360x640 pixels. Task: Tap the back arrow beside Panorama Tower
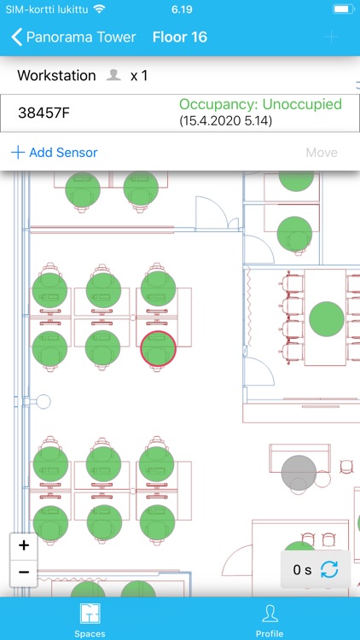pyautogui.click(x=16, y=38)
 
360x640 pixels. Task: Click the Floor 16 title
pyautogui.click(x=180, y=38)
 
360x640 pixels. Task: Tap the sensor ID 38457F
pyautogui.click(x=44, y=113)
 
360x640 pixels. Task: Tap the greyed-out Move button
pyautogui.click(x=322, y=153)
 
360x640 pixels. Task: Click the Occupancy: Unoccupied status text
pyautogui.click(x=260, y=104)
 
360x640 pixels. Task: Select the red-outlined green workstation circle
pyautogui.click(x=158, y=348)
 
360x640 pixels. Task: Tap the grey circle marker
pyautogui.click(x=299, y=473)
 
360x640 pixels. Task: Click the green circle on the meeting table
pyautogui.click(x=327, y=319)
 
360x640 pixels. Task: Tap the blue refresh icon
pyautogui.click(x=329, y=569)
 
